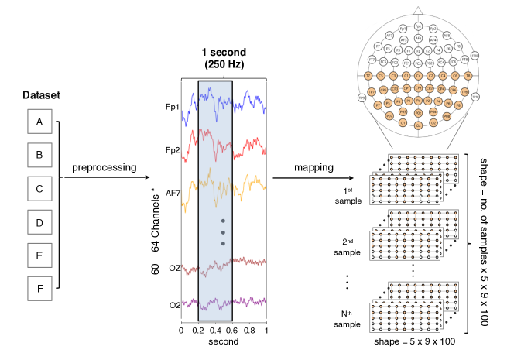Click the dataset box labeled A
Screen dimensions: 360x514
tap(39, 122)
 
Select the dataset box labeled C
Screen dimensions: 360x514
tap(39, 188)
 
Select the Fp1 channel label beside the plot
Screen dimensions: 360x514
tap(171, 108)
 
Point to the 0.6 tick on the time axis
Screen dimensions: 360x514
tap(232, 331)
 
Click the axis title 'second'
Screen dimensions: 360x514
tap(224, 341)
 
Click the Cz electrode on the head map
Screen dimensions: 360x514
tap(418, 76)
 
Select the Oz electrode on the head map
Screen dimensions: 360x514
tap(418, 124)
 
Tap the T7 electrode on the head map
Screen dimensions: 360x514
tap(368, 76)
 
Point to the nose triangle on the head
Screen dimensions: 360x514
tap(418, 10)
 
